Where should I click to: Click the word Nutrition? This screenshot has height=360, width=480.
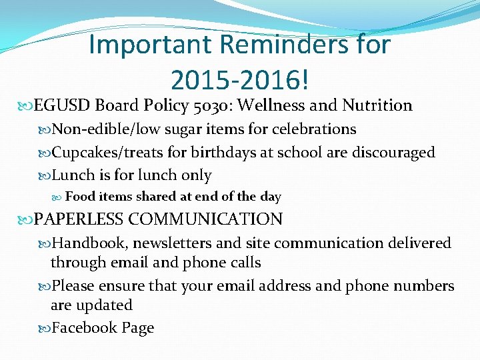pos(377,105)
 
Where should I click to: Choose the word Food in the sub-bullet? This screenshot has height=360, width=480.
pos(81,197)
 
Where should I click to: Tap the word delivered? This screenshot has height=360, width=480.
pos(420,243)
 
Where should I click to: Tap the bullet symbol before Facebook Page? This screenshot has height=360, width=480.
pos(46,328)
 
